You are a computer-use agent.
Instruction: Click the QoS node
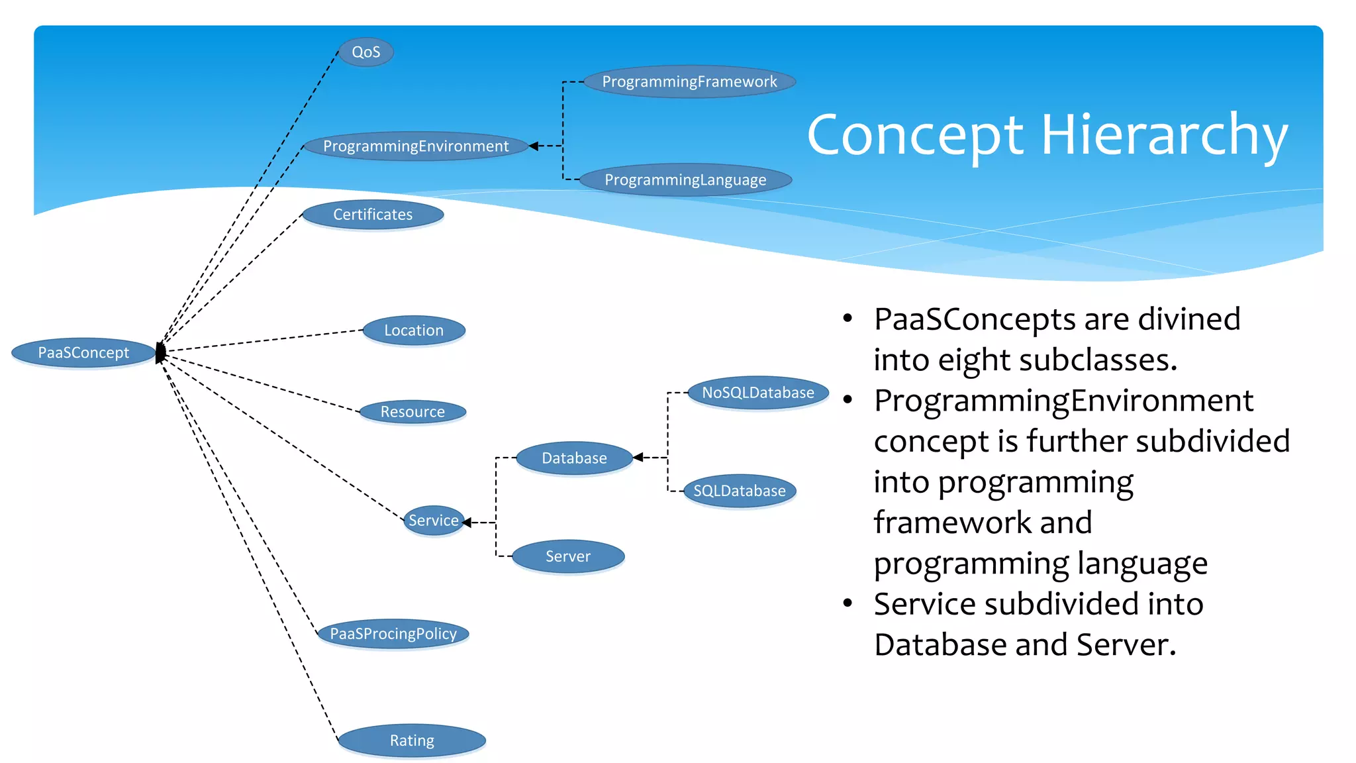click(x=365, y=52)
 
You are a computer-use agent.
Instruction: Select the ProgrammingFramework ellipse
click(x=689, y=81)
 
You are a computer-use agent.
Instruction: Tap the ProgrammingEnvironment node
click(x=416, y=146)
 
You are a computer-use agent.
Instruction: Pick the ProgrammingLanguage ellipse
click(x=685, y=179)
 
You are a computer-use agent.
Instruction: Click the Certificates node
click(x=373, y=215)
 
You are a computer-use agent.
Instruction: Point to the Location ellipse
click(x=414, y=330)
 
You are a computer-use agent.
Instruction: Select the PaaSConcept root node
click(x=83, y=352)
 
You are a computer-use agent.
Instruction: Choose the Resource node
click(x=412, y=412)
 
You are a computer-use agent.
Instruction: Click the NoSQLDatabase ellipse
click(x=758, y=393)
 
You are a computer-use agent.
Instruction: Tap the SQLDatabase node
click(x=740, y=491)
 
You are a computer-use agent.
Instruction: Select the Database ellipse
click(x=574, y=458)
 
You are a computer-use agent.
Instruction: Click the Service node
click(x=433, y=521)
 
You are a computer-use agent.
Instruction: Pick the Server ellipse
click(x=568, y=556)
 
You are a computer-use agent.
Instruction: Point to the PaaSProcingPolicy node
click(x=393, y=634)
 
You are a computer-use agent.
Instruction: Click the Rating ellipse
click(x=412, y=740)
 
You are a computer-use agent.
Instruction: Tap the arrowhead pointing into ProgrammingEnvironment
click(x=534, y=146)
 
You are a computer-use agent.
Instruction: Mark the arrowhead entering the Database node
click(x=638, y=457)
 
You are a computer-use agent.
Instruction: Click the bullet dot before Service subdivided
click(x=847, y=603)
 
